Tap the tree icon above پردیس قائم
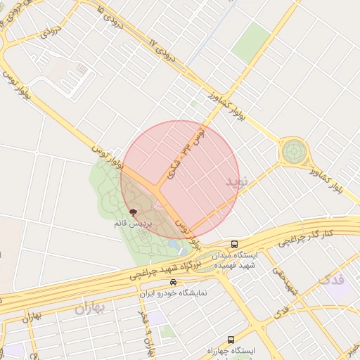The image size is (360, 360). (x=134, y=211)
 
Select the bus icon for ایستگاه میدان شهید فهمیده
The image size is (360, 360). (x=234, y=244)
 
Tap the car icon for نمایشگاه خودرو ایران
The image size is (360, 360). (x=164, y=282)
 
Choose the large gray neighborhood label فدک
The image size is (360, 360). (x=331, y=279)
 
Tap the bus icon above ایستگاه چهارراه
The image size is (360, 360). (x=231, y=339)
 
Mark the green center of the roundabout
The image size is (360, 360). (x=294, y=150)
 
